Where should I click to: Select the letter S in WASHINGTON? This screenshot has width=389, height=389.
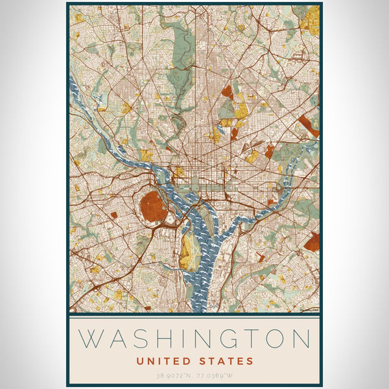tap(147, 339)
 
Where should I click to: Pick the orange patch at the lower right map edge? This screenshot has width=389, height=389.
tap(312, 242)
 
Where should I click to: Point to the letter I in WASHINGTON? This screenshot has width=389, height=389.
tap(189, 339)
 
